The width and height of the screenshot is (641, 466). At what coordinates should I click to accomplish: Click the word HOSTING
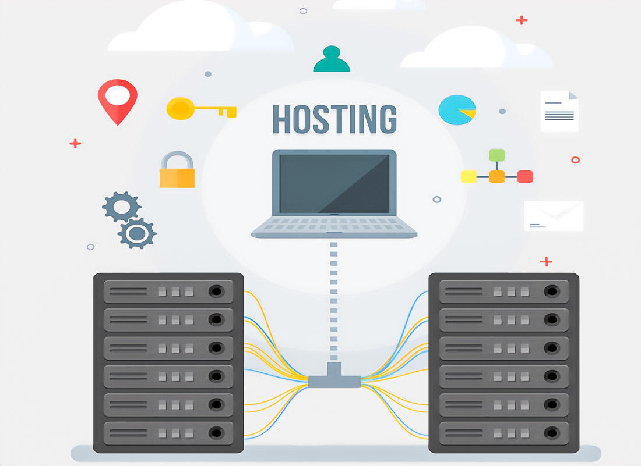point(334,119)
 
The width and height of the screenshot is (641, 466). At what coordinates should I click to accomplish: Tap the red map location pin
point(117,99)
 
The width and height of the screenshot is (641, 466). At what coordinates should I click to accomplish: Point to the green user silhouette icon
point(332,60)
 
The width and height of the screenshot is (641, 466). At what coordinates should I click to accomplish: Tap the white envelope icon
point(554,216)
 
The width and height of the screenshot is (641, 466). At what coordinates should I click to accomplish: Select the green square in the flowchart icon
point(496,155)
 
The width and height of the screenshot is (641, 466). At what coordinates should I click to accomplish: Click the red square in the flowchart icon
point(525,176)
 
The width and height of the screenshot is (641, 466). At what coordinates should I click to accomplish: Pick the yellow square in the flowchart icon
point(469,176)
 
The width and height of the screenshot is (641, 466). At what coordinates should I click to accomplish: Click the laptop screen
point(334,183)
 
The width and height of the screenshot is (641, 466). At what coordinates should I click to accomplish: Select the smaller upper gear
point(121,207)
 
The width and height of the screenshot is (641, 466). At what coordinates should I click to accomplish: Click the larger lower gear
point(138,234)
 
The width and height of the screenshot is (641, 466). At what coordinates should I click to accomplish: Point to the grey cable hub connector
point(334,378)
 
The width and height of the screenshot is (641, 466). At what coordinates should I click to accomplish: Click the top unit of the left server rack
point(168,291)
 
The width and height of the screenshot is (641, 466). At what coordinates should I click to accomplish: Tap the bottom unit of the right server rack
point(503,432)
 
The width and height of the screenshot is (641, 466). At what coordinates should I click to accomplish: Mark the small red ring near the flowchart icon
point(576,159)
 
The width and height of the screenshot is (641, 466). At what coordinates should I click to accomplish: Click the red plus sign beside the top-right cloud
point(522,20)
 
